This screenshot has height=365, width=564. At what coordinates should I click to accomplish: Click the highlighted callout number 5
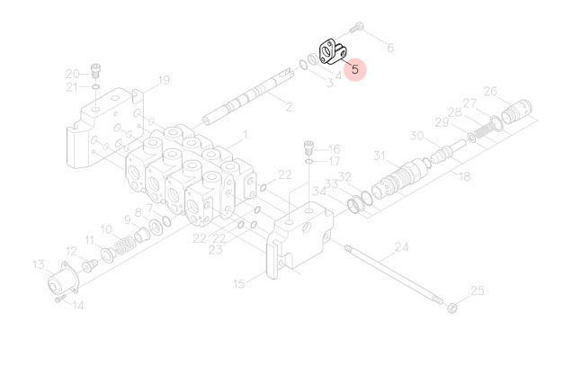coord(355,69)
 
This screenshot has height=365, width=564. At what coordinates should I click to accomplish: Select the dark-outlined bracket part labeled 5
coord(334,53)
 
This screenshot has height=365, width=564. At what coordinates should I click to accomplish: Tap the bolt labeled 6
coord(356,27)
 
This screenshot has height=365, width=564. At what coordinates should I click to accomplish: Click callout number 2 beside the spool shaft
coord(289,106)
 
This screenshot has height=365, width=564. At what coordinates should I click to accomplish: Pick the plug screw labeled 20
coord(95,70)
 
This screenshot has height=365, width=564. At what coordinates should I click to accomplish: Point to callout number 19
coord(164,80)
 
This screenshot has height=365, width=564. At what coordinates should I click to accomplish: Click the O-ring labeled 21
coord(95,87)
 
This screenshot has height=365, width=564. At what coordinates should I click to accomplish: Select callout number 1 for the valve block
coord(245,136)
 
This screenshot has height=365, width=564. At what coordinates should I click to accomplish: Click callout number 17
coord(334,161)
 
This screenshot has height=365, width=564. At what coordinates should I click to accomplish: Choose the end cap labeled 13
coord(63,279)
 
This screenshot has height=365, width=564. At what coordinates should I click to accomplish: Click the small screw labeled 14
coord(60,298)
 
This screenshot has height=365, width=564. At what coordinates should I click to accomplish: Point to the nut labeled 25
coord(452,307)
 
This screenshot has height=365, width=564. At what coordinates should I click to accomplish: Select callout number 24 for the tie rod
coord(401,247)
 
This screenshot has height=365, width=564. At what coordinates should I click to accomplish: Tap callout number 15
coord(239,284)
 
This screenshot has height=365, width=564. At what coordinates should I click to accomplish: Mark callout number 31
coord(380,156)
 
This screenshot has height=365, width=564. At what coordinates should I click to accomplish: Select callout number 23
coord(216,250)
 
